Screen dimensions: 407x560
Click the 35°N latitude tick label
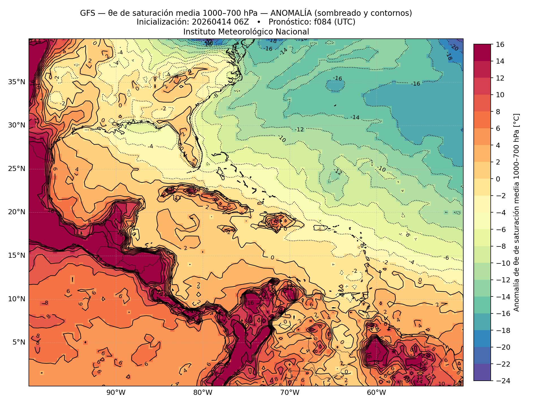17,82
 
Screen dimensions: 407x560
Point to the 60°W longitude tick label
376,393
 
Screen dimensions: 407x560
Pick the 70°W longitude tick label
290,393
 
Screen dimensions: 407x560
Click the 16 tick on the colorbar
500,44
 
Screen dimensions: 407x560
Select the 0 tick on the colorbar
498,179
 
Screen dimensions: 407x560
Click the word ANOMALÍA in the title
291,13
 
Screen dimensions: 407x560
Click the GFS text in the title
87,13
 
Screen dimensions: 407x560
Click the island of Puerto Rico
320,228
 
